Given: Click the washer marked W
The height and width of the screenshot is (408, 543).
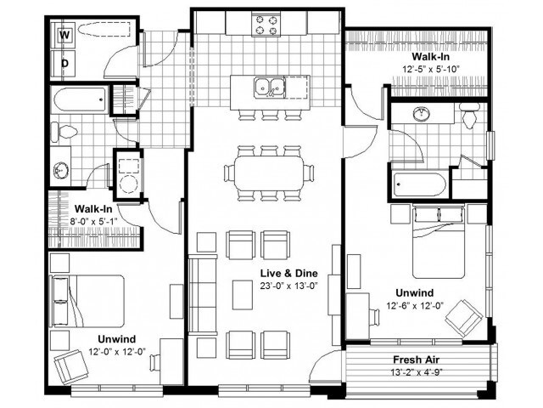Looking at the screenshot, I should (64, 36).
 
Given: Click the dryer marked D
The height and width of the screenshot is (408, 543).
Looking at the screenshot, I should (64, 62).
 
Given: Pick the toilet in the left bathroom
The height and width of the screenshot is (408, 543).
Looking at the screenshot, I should (64, 132).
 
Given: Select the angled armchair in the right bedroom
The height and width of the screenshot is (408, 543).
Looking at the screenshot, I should (465, 317).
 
